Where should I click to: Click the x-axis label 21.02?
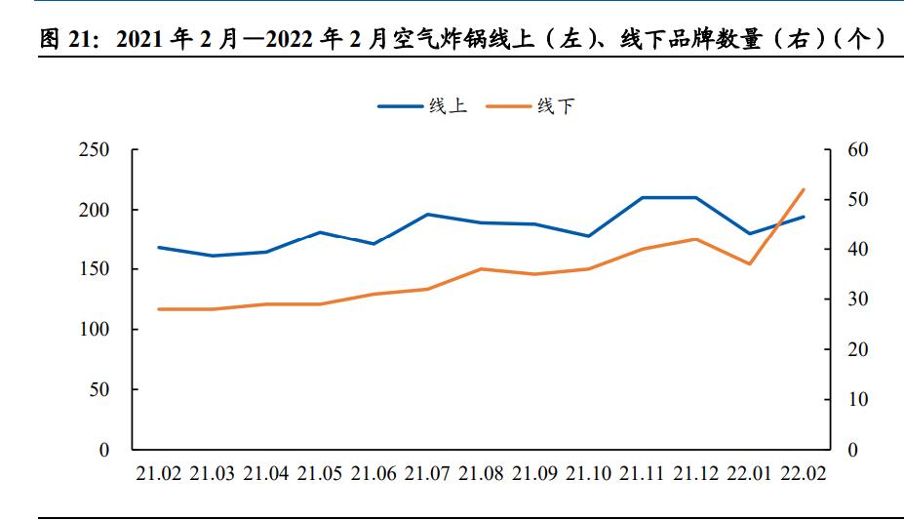point(158,474)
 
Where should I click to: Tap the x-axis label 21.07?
point(427,474)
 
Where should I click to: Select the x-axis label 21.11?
point(643,474)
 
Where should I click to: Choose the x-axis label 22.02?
point(804,474)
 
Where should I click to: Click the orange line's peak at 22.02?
point(804,189)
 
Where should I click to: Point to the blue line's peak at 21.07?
point(427,215)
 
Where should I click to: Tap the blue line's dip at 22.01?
point(750,234)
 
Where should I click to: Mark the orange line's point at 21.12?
point(696,239)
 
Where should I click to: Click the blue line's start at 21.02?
point(158,248)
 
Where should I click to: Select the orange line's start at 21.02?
point(158,309)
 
